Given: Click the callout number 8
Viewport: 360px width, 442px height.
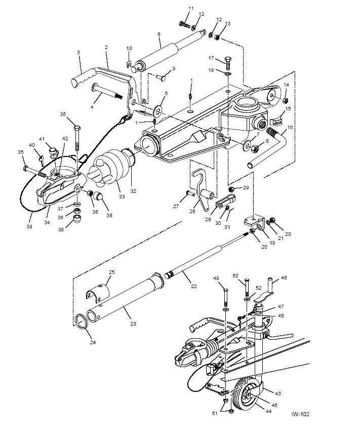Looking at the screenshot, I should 158,34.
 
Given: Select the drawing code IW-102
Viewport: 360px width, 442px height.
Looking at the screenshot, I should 300,414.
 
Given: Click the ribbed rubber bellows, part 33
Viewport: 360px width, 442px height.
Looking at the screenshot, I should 113,168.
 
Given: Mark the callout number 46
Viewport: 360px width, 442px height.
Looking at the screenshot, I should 284,278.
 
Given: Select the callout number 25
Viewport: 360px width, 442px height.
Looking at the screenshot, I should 111,272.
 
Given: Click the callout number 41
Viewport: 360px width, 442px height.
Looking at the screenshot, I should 43,138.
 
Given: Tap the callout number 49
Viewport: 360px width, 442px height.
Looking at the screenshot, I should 216,278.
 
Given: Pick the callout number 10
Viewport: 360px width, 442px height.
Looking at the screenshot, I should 129,48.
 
